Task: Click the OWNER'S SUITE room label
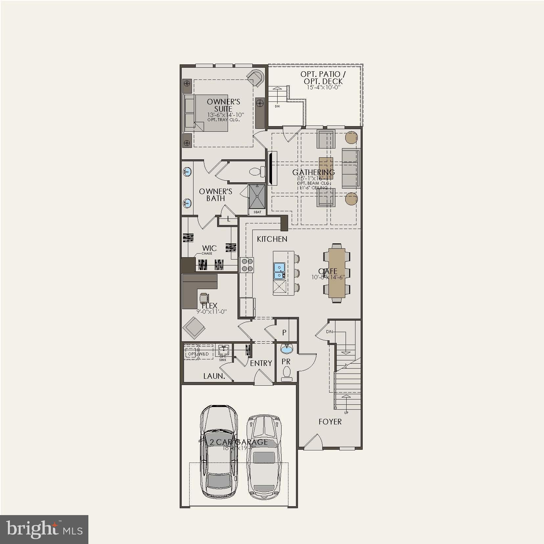223,105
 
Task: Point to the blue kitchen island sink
279,270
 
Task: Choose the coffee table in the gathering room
326,168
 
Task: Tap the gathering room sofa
351,168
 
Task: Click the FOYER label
330,422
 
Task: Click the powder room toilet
287,374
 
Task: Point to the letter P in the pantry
284,332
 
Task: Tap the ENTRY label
261,363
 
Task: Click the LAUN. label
214,376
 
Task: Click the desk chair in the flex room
204,298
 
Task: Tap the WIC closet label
209,248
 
